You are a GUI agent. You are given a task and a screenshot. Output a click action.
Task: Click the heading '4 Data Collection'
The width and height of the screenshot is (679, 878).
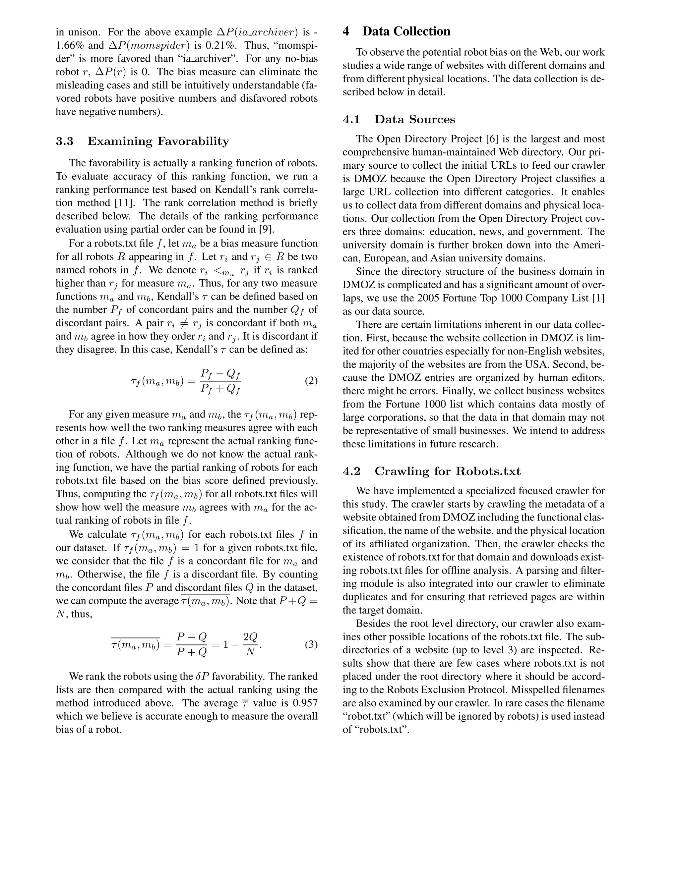click(x=396, y=31)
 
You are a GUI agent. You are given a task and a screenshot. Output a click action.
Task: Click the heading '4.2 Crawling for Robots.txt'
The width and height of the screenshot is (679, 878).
click(x=432, y=471)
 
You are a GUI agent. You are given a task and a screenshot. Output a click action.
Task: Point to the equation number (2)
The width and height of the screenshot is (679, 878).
click(x=311, y=381)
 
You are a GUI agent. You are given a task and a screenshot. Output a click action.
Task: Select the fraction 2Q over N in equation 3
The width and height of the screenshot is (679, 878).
click(x=250, y=644)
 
